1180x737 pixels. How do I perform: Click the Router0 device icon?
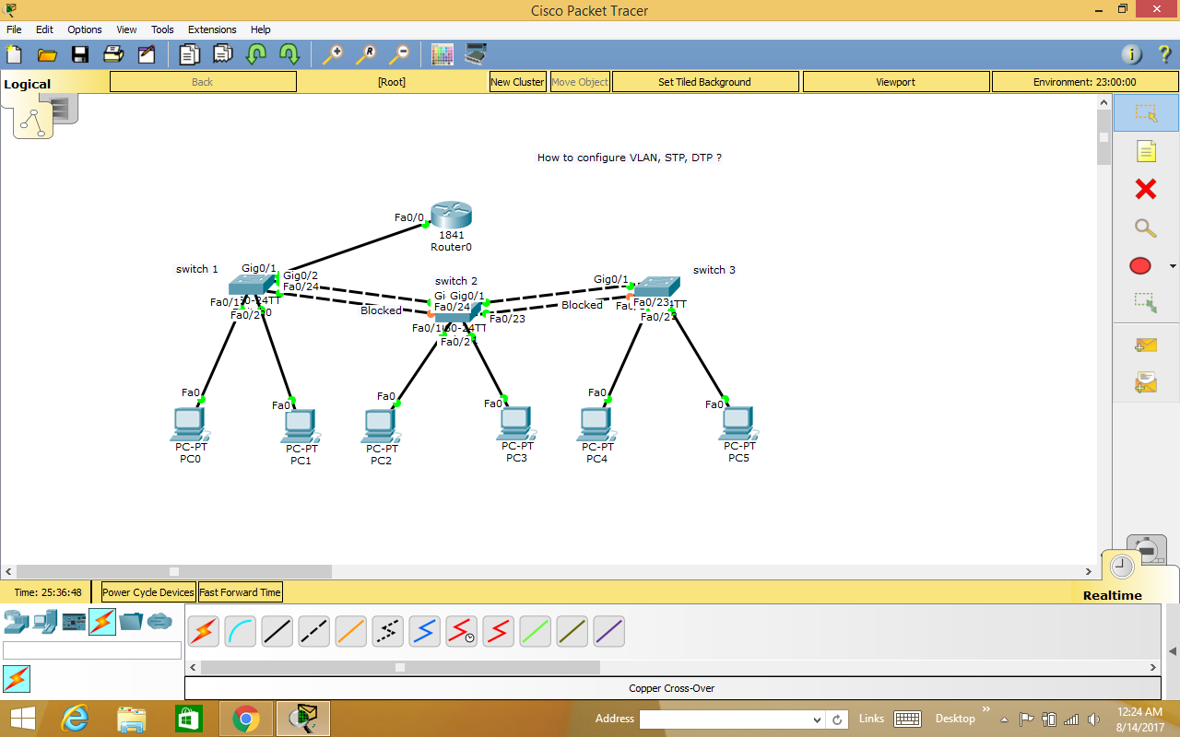click(451, 216)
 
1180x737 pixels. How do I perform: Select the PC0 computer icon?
click(189, 424)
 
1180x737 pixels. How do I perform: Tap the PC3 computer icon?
click(515, 423)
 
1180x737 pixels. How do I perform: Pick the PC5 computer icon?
click(737, 423)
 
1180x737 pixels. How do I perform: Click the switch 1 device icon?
click(252, 284)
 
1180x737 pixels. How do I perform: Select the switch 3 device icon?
click(656, 286)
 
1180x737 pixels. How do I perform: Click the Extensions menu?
click(212, 29)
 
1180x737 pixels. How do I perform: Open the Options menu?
click(85, 29)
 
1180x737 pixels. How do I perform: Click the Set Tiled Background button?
click(704, 82)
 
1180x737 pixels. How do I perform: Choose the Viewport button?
click(895, 82)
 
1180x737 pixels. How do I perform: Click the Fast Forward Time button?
click(241, 592)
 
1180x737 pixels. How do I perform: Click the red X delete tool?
click(1145, 190)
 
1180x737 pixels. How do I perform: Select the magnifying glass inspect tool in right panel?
click(1145, 228)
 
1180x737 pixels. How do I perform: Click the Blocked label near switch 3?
click(582, 305)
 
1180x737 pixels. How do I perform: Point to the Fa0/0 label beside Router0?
click(409, 218)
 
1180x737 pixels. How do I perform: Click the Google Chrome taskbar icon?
click(246, 719)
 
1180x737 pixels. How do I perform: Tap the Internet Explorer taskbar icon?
click(75, 719)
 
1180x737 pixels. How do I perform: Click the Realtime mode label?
click(1112, 595)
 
